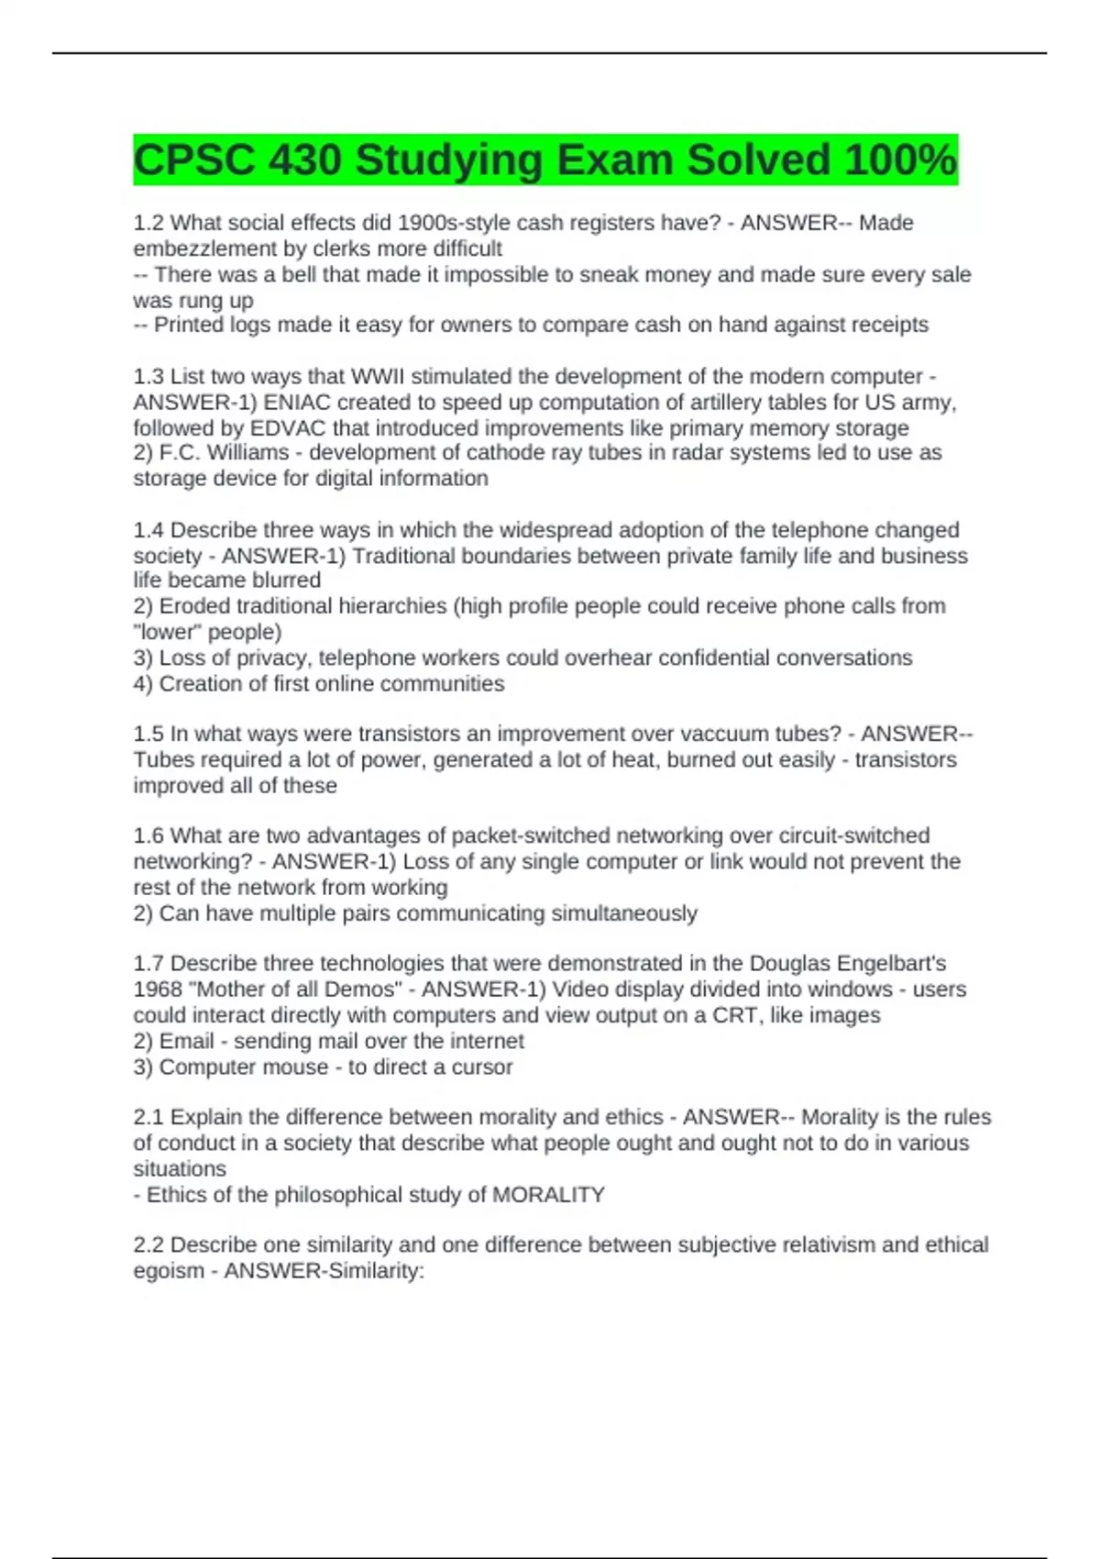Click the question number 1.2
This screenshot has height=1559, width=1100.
149,223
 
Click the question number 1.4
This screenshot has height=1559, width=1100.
149,530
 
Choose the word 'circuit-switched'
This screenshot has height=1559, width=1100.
853,835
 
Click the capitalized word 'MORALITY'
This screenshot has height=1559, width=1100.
548,1195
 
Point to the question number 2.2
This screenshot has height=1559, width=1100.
149,1244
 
